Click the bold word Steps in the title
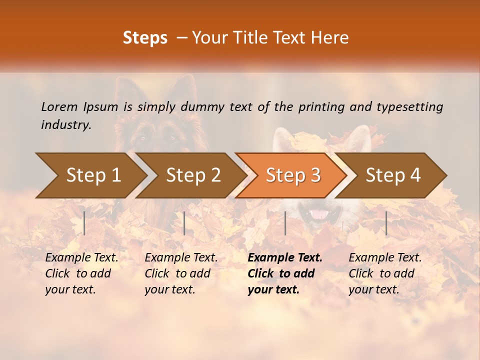[x=145, y=38]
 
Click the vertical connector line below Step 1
[x=84, y=223]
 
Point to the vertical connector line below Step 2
[x=184, y=223]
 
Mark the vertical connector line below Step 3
[x=285, y=223]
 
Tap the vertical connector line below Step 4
[x=386, y=223]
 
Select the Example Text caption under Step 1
[x=81, y=273]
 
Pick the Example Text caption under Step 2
[x=181, y=273]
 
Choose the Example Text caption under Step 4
[x=385, y=273]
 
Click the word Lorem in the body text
[x=59, y=106]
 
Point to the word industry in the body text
[x=66, y=125]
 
